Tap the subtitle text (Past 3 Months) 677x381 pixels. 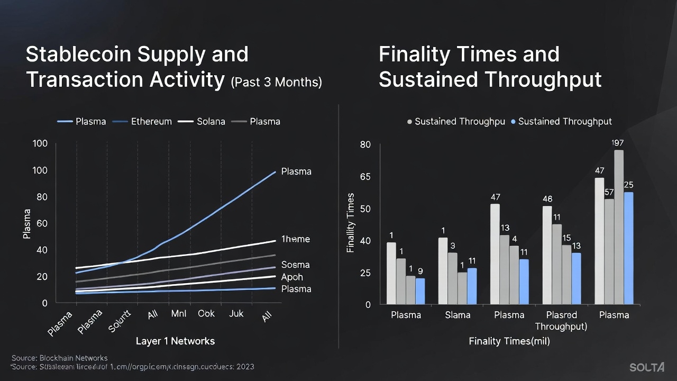click(x=276, y=82)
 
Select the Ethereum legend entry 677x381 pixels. click(x=151, y=121)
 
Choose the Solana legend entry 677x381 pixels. click(x=211, y=121)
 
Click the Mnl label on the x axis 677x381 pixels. click(x=178, y=314)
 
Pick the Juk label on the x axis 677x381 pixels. click(x=236, y=314)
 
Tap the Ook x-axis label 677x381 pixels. click(x=206, y=314)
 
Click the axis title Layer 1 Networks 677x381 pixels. click(x=175, y=341)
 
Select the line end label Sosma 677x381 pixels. click(x=295, y=265)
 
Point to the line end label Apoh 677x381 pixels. click(x=292, y=277)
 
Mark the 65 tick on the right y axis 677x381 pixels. click(x=365, y=176)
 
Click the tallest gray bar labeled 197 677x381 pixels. click(x=619, y=228)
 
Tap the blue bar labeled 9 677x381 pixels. click(x=420, y=291)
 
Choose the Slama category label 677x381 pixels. click(x=458, y=315)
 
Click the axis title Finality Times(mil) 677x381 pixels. click(x=509, y=341)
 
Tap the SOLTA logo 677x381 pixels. click(x=647, y=367)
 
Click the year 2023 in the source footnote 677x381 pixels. click(x=245, y=367)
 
